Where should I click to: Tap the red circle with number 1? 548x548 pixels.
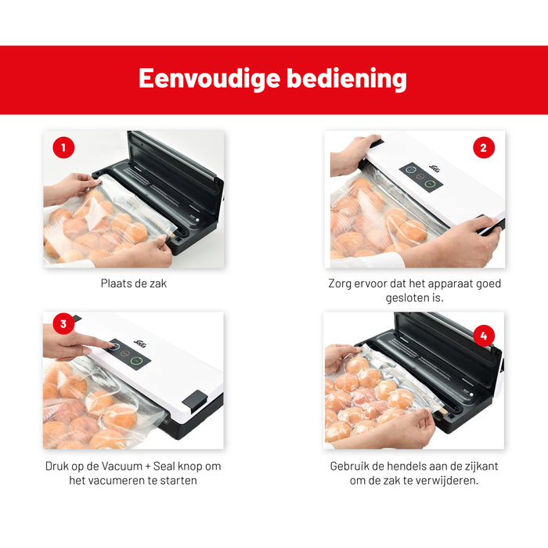point(63,147)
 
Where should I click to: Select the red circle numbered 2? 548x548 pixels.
point(483,147)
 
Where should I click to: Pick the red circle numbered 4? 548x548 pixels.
point(483,337)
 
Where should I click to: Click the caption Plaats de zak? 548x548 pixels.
point(133,283)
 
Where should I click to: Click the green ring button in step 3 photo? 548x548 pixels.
point(136,361)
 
